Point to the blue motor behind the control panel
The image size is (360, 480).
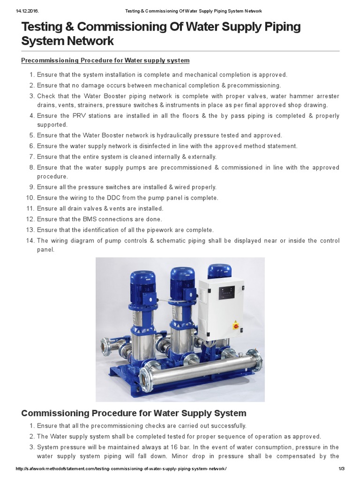pyautogui.click(x=220, y=271)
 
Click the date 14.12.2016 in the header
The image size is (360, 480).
pyautogui.click(x=29, y=11)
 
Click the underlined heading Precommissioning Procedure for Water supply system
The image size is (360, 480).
pyautogui.click(x=105, y=60)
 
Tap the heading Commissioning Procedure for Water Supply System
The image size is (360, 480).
pyautogui.click(x=134, y=413)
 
